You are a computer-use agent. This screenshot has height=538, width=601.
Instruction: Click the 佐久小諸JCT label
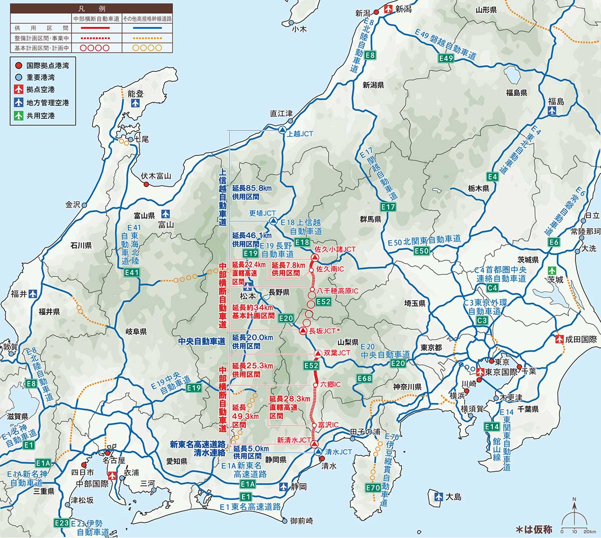coord(335,249)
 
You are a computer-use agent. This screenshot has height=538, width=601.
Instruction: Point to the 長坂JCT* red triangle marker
coord(303,331)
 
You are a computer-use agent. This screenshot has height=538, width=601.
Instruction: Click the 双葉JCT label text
coord(337,353)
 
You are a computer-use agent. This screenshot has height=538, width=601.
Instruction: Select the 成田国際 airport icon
coord(559,339)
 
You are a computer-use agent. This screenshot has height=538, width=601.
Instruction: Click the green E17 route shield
coord(388,207)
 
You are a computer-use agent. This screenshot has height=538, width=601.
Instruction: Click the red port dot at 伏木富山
coord(146,184)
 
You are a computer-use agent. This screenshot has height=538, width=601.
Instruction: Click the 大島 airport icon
coord(439,496)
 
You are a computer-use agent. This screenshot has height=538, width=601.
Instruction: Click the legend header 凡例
coord(90,9)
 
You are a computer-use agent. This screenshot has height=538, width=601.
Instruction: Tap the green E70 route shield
coord(373,488)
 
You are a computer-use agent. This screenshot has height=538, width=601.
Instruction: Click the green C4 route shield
coord(492,288)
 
